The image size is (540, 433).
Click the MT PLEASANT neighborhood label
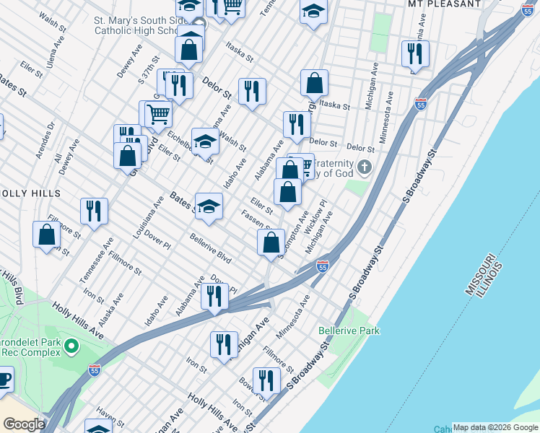coord(444,4)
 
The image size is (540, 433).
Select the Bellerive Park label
coord(349,331)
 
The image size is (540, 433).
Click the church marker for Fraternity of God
coord(364,167)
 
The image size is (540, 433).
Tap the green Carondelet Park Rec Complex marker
coord(71,347)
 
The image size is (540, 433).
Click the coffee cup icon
coord(4,379)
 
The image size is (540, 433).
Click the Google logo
coord(24,424)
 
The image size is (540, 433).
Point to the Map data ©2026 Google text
coord(495,427)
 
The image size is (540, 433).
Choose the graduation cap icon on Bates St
coord(209,206)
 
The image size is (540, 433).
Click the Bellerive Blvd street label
coord(210,248)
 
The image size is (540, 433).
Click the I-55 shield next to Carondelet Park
coord(94,369)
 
